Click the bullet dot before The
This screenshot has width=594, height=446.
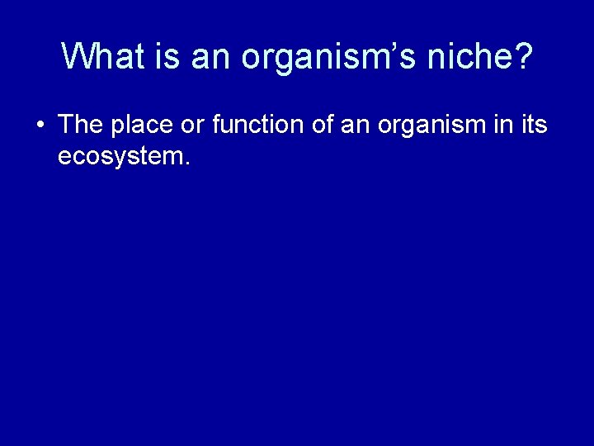[x=40, y=126]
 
